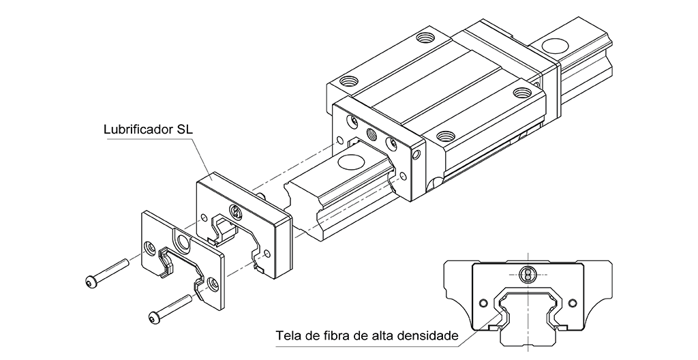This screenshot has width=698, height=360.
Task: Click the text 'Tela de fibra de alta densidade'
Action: pyautogui.click(x=367, y=335)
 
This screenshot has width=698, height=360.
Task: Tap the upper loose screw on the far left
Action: pyautogui.click(x=108, y=271)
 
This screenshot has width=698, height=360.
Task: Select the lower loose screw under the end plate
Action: pyautogui.click(x=170, y=308)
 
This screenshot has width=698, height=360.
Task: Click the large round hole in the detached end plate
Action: pyautogui.click(x=183, y=242)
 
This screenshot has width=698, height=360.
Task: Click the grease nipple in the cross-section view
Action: pyautogui.click(x=526, y=274)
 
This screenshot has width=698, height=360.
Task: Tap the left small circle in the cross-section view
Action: pyautogui.click(x=484, y=301)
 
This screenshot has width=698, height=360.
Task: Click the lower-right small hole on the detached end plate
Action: pyautogui.click(x=213, y=281)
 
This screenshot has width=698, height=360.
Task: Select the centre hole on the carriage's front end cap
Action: pyautogui.click(x=371, y=133)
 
